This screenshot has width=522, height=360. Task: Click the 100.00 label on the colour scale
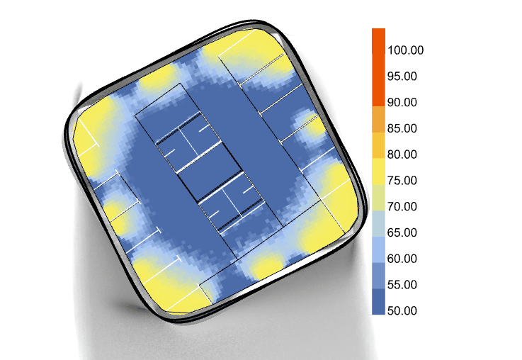coord(405,50)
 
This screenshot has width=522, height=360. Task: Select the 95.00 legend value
coord(402,77)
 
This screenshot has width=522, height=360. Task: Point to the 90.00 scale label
coord(402,102)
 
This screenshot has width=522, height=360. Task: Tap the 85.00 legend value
coord(402,128)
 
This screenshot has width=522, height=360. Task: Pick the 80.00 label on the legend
coord(402,154)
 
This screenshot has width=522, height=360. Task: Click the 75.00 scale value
coord(402,181)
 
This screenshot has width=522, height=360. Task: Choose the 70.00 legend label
coord(402,206)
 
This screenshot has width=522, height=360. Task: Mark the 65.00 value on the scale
coord(402,232)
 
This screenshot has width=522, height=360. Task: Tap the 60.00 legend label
coord(402,259)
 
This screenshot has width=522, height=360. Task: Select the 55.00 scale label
coord(402,285)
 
